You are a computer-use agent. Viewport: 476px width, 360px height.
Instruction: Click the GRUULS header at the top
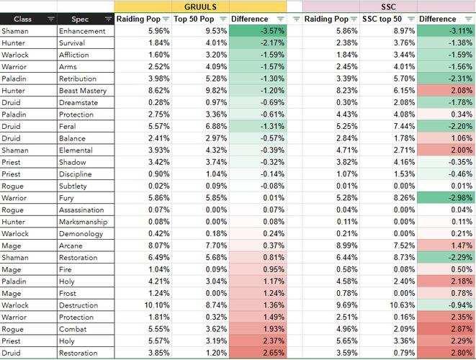point(200,6)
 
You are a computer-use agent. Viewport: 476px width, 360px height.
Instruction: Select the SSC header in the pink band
point(388,6)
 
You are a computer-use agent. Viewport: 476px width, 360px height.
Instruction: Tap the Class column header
point(22,19)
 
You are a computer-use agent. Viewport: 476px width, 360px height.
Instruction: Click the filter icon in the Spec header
point(108,19)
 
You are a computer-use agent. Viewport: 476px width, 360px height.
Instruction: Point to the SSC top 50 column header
point(382,19)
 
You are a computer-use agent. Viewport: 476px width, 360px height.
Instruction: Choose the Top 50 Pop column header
point(194,19)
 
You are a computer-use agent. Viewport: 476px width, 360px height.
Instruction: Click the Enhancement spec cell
point(82,31)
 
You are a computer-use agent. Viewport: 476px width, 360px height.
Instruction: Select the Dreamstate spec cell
point(78,102)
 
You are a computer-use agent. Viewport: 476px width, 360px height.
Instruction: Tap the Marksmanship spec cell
point(84,222)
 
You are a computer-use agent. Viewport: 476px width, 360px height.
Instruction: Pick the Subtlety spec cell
point(73,186)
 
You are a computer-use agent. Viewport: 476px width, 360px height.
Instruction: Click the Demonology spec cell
point(81,234)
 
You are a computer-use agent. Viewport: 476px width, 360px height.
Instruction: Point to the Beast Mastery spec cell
point(83,91)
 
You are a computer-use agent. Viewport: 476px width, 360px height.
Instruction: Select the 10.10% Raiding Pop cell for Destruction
point(157,305)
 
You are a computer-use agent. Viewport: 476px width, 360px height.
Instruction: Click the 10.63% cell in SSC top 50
point(403,305)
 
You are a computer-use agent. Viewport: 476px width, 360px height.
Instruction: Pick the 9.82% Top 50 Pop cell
point(216,91)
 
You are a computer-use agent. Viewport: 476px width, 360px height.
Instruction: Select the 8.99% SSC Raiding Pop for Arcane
point(346,246)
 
